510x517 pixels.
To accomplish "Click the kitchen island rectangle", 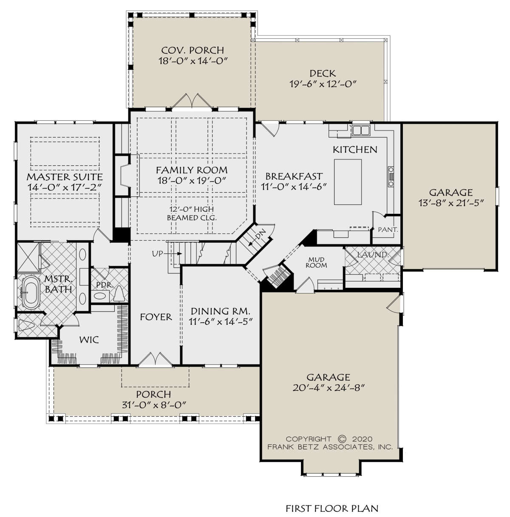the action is [x=347, y=182].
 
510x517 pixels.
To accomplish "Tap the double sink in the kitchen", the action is [x=361, y=130].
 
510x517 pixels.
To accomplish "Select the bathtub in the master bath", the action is [x=30, y=293].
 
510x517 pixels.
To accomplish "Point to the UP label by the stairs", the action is [x=157, y=253].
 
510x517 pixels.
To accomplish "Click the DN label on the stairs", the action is [x=260, y=234].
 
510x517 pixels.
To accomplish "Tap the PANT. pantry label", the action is [x=388, y=230].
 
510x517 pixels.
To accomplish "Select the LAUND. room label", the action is [x=373, y=254].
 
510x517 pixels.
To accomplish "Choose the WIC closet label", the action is [x=89, y=340].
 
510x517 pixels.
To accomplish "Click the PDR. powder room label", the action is [x=105, y=285].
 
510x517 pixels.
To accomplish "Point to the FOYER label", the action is [x=156, y=317].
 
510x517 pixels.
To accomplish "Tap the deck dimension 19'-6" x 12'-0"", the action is [x=323, y=84].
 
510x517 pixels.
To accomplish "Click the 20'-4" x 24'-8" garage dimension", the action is [x=329, y=388].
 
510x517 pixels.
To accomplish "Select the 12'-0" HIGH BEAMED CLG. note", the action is [x=192, y=213].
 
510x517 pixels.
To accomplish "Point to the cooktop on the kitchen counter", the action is [x=391, y=176].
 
